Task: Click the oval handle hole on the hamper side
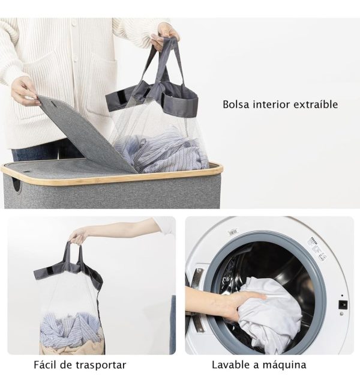tap(17, 185)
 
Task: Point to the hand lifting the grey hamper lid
tap(23, 91)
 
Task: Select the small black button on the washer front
tap(343, 305)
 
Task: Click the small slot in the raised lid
tap(52, 102)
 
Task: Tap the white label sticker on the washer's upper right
tap(317, 249)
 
